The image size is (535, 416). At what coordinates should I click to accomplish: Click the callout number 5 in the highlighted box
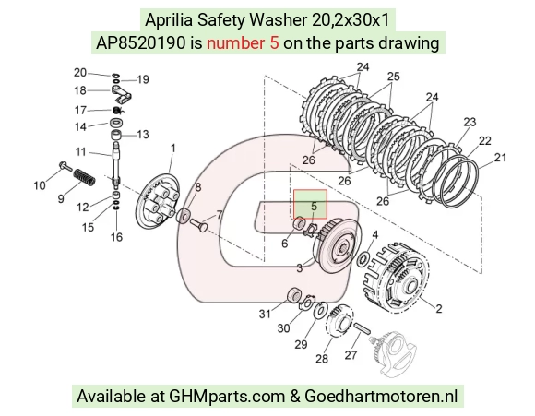[x=314, y=206]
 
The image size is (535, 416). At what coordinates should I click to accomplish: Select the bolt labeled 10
[x=65, y=166]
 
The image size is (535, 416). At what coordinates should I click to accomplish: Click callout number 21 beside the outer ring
[x=500, y=158]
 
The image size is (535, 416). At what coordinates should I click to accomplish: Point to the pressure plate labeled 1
[x=158, y=202]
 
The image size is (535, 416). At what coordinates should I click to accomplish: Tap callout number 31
[x=265, y=314]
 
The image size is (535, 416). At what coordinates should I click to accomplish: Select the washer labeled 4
[x=363, y=260]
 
